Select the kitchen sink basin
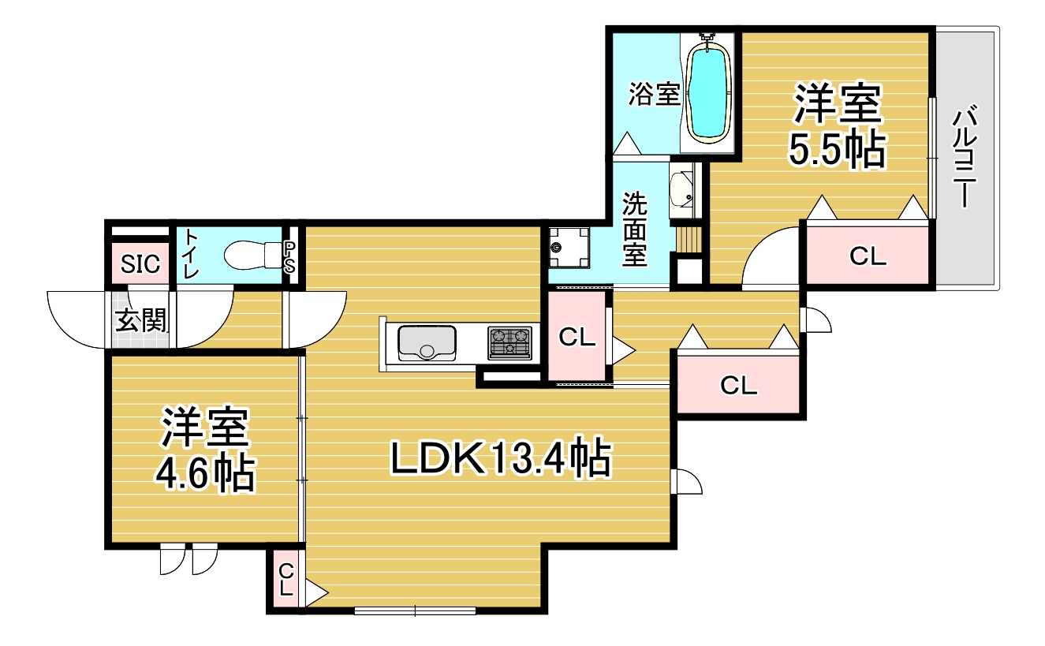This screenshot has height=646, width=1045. tap(427, 343)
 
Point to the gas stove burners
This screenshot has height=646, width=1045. tap(509, 343)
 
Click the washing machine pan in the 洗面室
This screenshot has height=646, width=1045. tap(569, 248)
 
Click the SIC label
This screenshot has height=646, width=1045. tap(140, 264)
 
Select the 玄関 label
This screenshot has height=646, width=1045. tap(141, 320)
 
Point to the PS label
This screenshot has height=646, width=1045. tap(289, 257)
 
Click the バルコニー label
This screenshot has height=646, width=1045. tap(964, 158)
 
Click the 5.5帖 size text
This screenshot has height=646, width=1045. tap(837, 150)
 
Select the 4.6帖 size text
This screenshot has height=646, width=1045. tap(205, 473)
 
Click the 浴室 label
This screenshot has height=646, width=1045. tap(654, 93)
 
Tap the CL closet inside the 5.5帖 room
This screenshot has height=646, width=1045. tap(868, 256)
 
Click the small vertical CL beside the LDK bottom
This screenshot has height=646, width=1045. tap(286, 579)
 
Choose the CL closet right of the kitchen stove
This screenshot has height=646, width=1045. tap(577, 336)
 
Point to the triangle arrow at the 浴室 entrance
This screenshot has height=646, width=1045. tap(627, 144)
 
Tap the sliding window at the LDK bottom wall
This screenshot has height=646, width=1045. tap(415, 611)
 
